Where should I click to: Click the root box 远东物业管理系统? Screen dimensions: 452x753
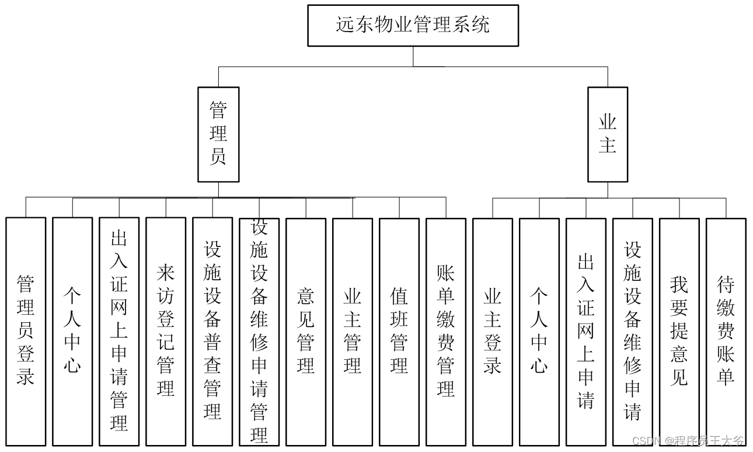point(413,25)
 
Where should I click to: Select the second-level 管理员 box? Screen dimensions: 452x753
point(218,134)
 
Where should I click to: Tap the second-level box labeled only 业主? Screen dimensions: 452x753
point(607,134)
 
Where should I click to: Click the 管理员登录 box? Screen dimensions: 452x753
point(26,331)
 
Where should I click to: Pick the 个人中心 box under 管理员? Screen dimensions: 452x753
point(72,331)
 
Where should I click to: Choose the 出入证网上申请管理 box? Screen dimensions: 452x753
point(119,331)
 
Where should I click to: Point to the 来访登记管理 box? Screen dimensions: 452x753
point(166,331)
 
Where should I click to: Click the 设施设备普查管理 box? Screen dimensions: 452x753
point(212,331)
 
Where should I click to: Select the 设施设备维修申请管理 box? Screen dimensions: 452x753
point(259,331)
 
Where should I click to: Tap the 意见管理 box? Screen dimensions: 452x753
point(306,331)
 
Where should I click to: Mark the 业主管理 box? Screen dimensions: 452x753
point(353,331)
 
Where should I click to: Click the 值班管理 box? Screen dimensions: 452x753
point(399,331)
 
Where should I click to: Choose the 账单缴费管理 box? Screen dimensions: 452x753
point(446,331)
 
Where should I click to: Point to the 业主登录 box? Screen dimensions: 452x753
point(493,331)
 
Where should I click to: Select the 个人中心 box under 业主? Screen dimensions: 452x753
point(539,331)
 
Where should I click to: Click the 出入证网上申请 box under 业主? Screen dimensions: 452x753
point(586,331)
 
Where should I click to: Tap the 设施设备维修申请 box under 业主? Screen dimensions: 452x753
point(633,331)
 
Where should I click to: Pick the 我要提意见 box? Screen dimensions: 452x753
point(679,331)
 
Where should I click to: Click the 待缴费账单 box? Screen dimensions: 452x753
point(726,331)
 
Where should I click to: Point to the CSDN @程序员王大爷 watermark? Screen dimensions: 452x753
point(688,441)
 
